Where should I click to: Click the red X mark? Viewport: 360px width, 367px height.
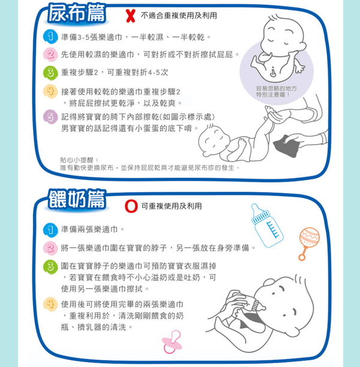[130, 16]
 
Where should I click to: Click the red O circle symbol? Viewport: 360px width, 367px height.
[131, 206]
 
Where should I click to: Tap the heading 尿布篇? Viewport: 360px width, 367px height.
[77, 14]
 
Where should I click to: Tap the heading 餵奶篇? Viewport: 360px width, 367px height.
[77, 200]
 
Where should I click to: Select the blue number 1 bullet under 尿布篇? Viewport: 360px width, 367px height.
[50, 37]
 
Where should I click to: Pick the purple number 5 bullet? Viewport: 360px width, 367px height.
[50, 116]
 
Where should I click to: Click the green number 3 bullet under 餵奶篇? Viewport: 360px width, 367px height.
[50, 267]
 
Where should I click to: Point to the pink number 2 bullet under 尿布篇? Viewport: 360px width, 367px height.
[50, 55]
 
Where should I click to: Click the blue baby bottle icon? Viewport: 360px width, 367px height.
[266, 225]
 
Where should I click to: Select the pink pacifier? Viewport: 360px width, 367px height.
[172, 341]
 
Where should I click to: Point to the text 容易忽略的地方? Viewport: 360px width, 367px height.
[276, 89]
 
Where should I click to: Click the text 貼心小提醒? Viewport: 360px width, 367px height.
[77, 160]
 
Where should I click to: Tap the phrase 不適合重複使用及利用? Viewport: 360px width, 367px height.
[179, 16]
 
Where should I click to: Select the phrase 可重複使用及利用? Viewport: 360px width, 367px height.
[172, 206]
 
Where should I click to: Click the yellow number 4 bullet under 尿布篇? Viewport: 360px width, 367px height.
[50, 91]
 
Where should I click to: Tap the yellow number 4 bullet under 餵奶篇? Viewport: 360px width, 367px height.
[50, 304]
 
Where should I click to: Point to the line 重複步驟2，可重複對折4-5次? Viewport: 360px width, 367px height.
[115, 73]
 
